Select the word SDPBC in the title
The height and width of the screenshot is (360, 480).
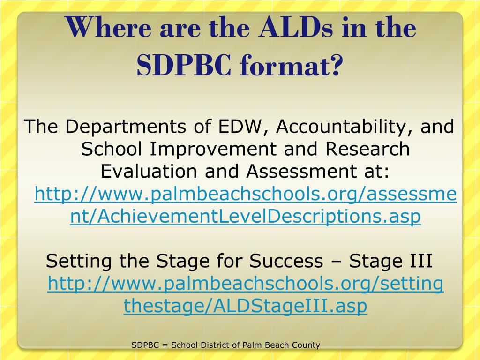pos(184,65)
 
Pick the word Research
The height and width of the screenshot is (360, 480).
pos(367,149)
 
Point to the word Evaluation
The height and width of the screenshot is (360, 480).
pos(149,171)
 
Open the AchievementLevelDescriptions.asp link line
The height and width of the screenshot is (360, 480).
pos(246,216)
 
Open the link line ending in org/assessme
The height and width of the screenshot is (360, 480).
pos(246,195)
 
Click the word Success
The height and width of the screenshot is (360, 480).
pos(286,261)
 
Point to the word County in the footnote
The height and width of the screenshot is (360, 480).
pos(307,345)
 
